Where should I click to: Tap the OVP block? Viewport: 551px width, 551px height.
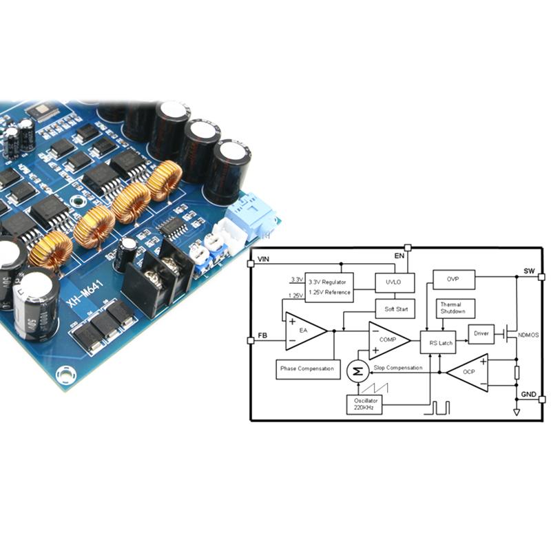453,279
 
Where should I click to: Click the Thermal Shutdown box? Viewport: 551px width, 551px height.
453,308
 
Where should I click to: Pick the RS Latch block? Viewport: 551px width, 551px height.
441,342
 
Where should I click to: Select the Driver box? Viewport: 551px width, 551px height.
481,334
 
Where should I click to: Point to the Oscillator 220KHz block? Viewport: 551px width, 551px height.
364,404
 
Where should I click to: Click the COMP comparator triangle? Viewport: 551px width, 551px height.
387,340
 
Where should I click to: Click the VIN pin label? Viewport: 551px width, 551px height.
263,259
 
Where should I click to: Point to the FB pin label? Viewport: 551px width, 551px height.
262,335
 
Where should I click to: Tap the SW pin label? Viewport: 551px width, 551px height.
528,271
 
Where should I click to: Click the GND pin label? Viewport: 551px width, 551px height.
528,394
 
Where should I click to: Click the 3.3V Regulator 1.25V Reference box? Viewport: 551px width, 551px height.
329,287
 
